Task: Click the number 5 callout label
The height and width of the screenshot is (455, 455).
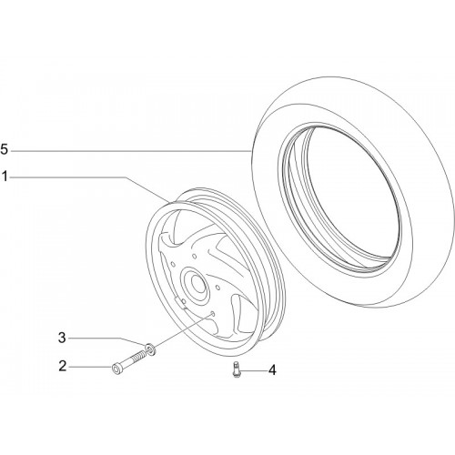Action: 5,150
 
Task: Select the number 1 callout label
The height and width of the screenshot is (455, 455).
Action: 5,177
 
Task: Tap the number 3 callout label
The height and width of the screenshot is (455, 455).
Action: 62,338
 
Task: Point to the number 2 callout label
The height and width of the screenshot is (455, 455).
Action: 62,366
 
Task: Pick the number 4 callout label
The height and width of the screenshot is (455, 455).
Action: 272,370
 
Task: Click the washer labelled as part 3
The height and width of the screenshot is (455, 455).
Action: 150,349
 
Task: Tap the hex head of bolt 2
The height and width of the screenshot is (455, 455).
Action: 116,369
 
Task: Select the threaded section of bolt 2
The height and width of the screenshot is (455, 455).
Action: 139,356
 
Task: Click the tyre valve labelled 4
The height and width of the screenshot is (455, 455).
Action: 236,369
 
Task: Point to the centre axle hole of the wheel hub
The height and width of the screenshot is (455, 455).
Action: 198,284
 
